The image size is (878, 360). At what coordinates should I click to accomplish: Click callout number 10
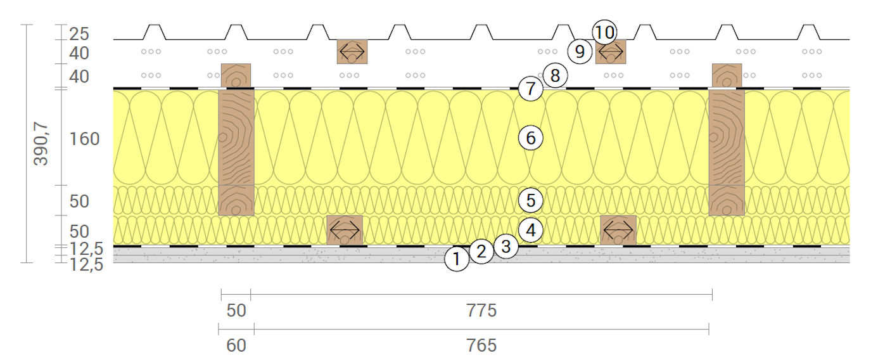click(604, 32)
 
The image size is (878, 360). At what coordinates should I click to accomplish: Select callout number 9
click(580, 51)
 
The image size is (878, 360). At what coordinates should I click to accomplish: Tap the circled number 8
click(555, 75)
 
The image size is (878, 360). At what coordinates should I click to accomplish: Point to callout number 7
click(531, 89)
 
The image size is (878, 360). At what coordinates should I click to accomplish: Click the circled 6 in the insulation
click(531, 138)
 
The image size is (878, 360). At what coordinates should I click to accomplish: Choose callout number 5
click(531, 200)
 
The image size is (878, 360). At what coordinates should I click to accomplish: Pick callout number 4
click(531, 230)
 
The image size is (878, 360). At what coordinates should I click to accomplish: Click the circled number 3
click(506, 247)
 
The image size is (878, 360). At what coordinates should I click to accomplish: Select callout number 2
click(481, 252)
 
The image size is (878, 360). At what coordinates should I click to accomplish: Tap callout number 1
click(457, 259)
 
